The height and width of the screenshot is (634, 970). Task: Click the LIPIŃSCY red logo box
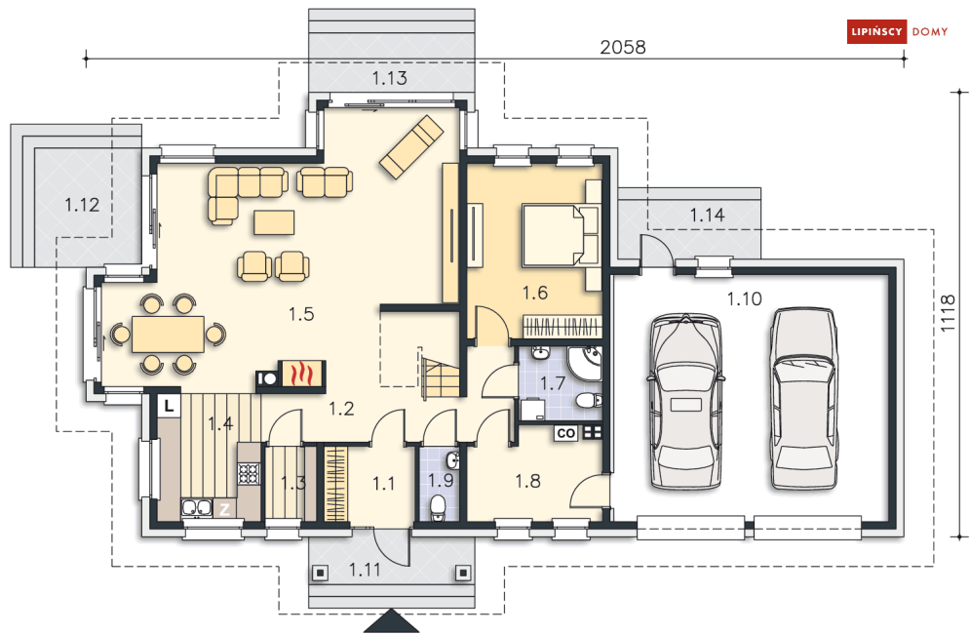876,31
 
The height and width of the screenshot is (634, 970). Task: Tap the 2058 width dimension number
622,47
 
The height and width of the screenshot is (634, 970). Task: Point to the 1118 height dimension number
948,313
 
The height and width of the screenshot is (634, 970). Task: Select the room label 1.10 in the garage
744,299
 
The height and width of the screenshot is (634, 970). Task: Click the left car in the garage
685,402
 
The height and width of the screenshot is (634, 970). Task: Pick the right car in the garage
804,399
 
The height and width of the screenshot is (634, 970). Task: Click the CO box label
566,433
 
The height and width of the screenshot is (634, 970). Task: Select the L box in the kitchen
169,406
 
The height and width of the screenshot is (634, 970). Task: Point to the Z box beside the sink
224,509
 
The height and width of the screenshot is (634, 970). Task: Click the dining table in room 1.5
168,335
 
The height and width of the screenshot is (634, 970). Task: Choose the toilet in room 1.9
439,507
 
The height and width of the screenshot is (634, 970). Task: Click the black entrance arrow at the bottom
391,621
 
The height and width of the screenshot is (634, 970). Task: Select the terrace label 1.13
389,78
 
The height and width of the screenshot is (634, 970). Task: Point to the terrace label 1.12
82,204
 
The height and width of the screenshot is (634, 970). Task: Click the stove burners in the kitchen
250,473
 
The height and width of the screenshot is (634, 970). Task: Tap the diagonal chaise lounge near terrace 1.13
411,146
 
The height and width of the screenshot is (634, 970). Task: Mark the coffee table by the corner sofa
273,222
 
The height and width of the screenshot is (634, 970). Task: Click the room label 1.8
527,481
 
